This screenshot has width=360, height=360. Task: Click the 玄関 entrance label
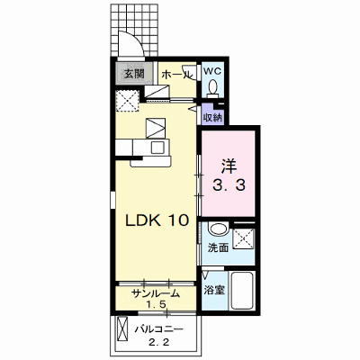click(134, 73)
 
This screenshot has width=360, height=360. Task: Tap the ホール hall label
click(176, 75)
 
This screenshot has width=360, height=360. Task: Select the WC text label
click(212, 71)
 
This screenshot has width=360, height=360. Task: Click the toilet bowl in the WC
click(213, 86)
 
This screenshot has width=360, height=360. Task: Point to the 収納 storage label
click(212, 118)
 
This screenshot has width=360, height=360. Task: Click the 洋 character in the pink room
click(229, 166)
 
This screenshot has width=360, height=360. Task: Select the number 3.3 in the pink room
click(229, 185)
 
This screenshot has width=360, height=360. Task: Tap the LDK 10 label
click(157, 220)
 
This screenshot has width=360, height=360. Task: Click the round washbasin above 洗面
click(219, 229)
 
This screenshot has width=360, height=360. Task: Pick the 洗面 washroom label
click(219, 247)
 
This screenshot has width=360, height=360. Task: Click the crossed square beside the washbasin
click(244, 238)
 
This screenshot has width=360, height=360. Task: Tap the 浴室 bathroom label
click(214, 290)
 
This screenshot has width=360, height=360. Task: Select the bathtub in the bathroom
click(242, 291)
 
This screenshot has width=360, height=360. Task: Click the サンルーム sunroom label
click(156, 293)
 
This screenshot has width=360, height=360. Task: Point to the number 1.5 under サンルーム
click(156, 305)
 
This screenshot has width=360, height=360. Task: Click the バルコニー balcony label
click(158, 329)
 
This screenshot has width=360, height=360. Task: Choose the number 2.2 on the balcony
click(159, 342)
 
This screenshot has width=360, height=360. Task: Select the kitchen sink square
click(157, 148)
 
